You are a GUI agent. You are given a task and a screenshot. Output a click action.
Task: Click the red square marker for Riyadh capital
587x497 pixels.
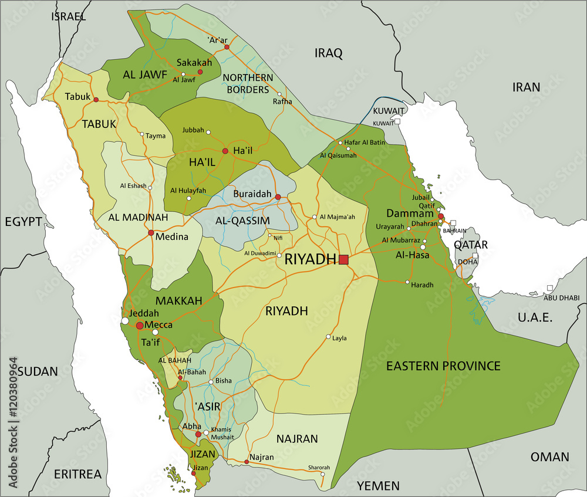[x=343, y=259]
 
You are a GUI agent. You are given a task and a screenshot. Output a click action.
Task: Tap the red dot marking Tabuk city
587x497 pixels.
[x=96, y=100]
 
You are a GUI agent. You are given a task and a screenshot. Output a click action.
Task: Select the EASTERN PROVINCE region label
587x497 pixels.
[x=443, y=366]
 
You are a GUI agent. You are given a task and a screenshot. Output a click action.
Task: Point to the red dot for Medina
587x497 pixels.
[x=151, y=233]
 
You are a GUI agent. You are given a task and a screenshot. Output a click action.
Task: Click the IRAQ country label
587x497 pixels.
[x=328, y=53]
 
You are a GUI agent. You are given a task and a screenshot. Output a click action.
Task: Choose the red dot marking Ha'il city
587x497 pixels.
[x=225, y=151]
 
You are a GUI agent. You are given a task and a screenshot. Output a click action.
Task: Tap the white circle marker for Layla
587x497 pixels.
[x=328, y=337]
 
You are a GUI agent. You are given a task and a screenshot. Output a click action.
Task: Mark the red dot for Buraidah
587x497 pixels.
[x=278, y=197]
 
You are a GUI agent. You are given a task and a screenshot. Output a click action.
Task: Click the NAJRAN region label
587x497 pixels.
[x=296, y=438]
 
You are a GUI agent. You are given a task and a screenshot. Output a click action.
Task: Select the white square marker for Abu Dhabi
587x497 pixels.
[x=549, y=288]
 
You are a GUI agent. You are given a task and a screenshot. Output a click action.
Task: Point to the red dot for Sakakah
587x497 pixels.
[x=200, y=72]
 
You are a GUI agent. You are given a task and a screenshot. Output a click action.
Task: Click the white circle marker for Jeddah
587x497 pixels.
[x=125, y=321]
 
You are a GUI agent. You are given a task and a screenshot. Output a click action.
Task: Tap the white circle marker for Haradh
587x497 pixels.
[x=407, y=282]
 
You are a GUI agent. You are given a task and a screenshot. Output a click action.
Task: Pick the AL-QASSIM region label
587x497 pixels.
[x=242, y=221]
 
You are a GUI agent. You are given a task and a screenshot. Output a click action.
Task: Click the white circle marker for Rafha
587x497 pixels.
[x=279, y=94]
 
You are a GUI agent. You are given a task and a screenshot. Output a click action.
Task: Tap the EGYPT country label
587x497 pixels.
[x=23, y=221]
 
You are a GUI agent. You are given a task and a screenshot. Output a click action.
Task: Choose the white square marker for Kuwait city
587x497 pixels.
[x=397, y=121]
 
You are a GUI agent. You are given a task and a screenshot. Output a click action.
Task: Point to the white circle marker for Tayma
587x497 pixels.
[x=141, y=134]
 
